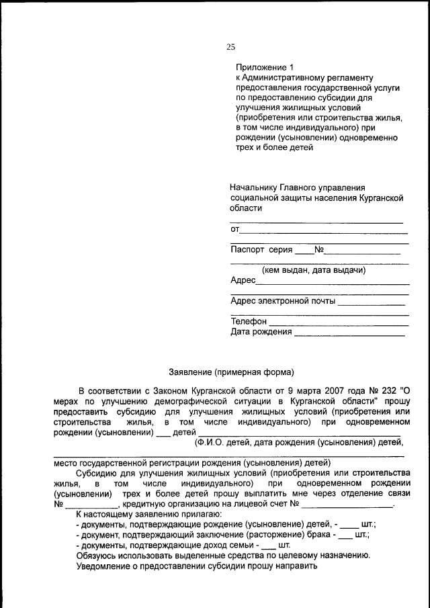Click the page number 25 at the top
click(x=230, y=47)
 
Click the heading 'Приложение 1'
click(x=265, y=67)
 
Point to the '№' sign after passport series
click(x=319, y=250)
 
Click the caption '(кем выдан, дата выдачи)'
click(x=314, y=270)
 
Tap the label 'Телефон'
click(x=249, y=322)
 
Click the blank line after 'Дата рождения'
click(x=349, y=333)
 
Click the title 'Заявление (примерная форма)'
click(x=230, y=371)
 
